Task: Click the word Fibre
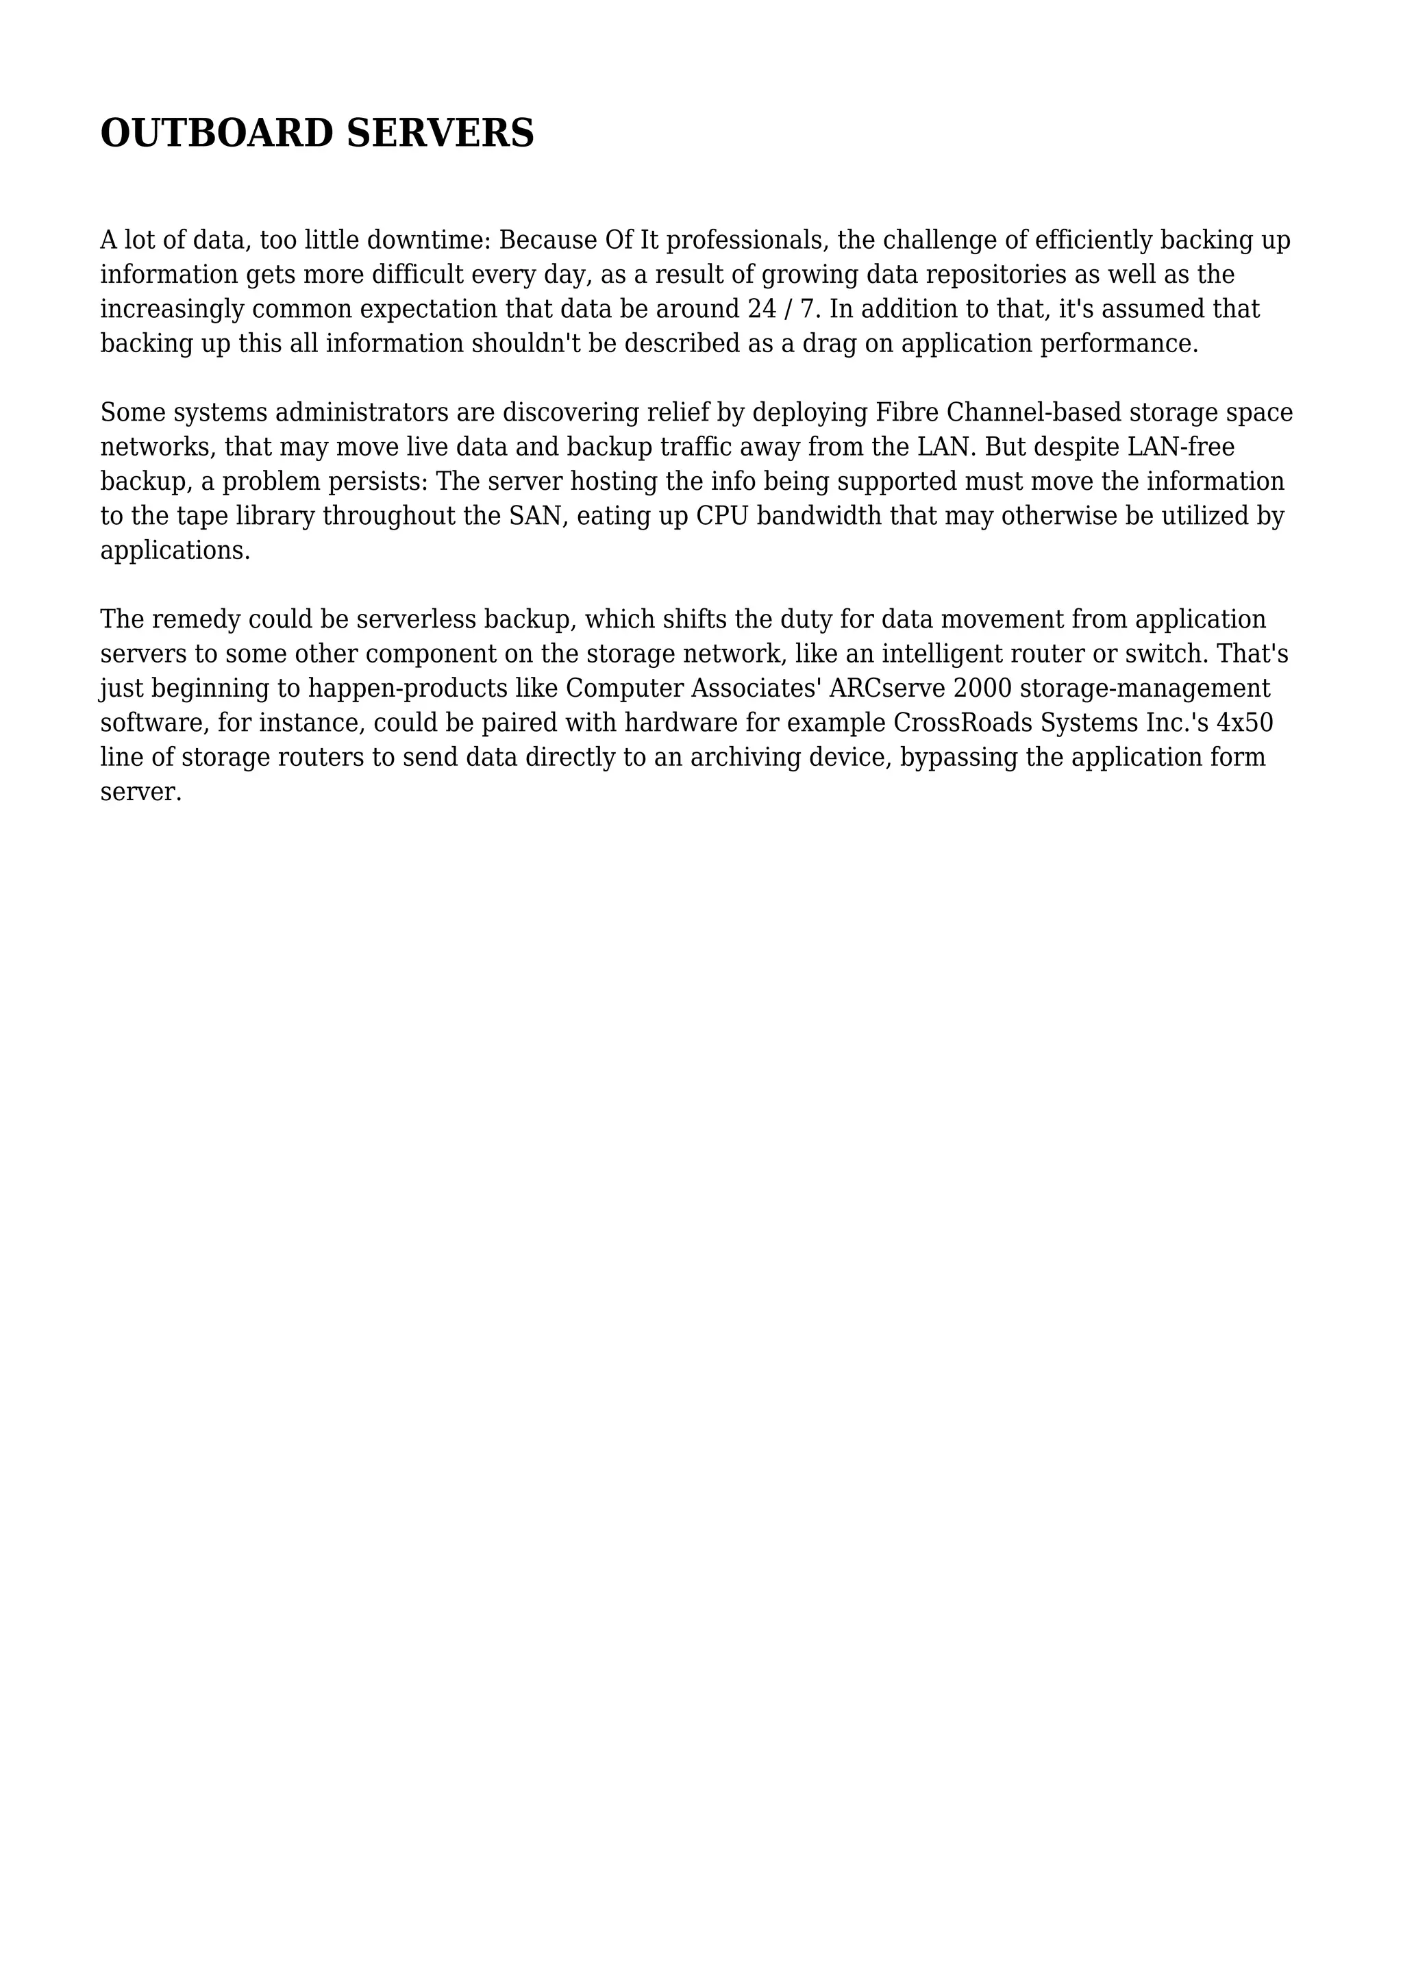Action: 907,412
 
